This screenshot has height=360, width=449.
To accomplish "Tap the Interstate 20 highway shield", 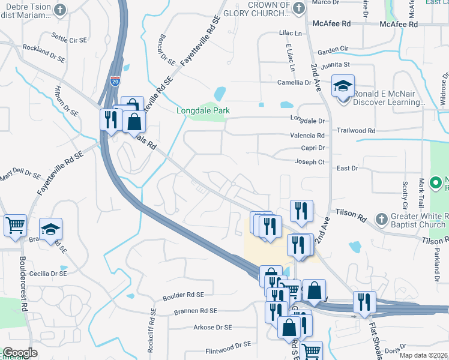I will click(x=115, y=80).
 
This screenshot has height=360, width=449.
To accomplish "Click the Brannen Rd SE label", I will click(x=195, y=311).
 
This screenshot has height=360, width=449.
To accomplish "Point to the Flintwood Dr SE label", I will click(x=228, y=345).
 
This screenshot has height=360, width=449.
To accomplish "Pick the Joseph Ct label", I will click(x=309, y=162).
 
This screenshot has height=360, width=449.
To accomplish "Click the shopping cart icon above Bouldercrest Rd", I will click(x=15, y=226).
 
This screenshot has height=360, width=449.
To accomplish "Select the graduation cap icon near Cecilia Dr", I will click(x=51, y=229).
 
